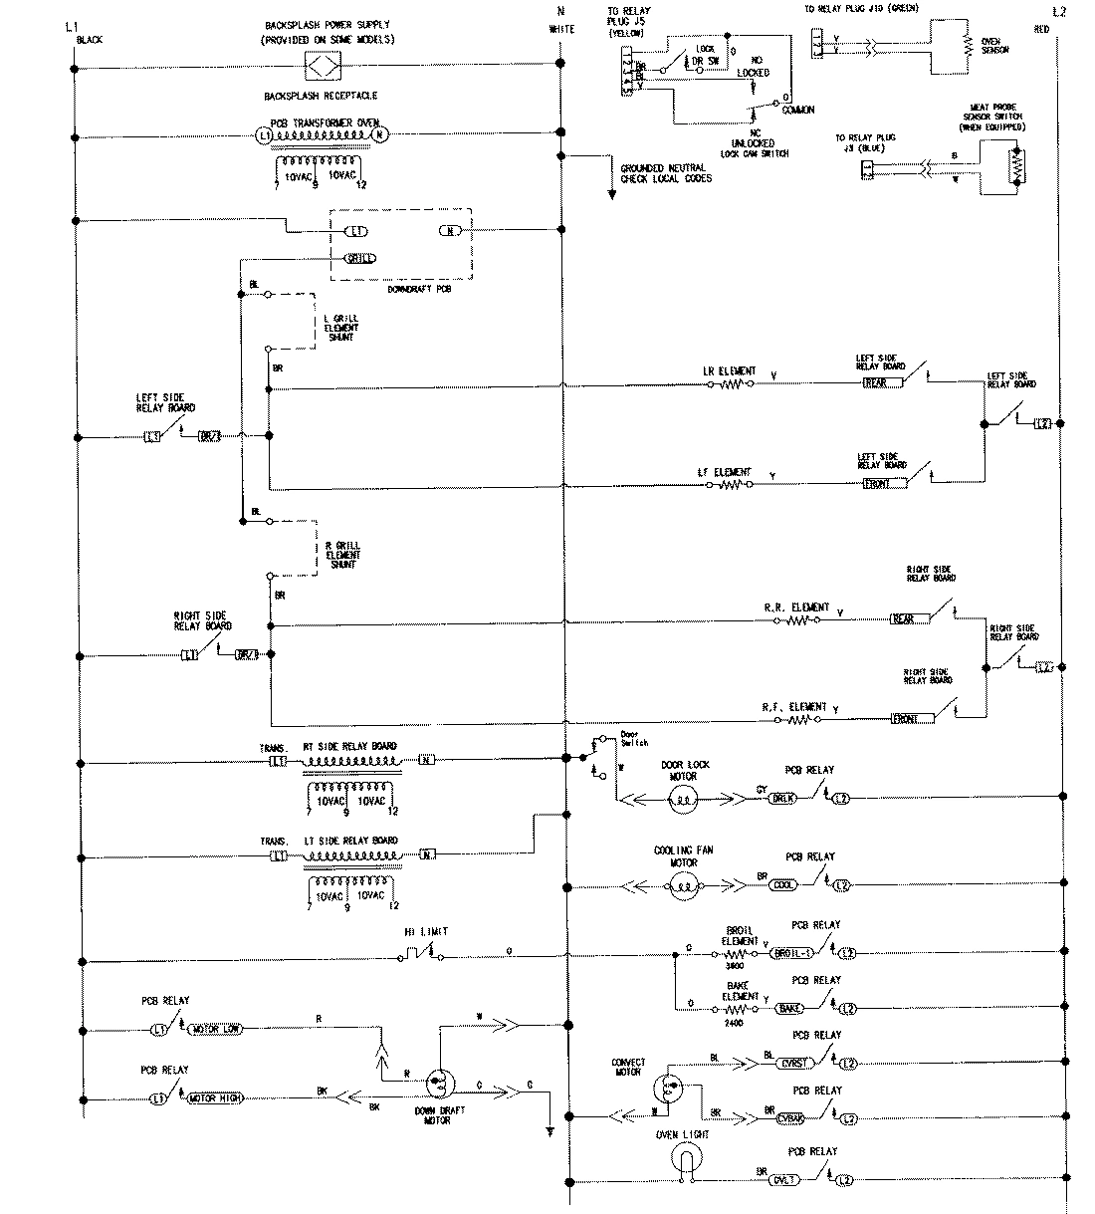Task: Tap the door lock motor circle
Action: tap(682, 797)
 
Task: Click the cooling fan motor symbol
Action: tap(684, 885)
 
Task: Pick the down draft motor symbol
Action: tap(438, 1083)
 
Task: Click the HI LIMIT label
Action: tap(425, 931)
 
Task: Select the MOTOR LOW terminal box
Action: tap(216, 1028)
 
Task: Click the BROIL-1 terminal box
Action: tap(793, 953)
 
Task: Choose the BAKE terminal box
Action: tap(791, 1009)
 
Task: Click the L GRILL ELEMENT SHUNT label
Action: tap(341, 328)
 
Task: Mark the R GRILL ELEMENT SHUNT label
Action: tap(342, 555)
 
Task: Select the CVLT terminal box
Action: tap(785, 1180)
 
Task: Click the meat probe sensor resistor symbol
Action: tap(1016, 166)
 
